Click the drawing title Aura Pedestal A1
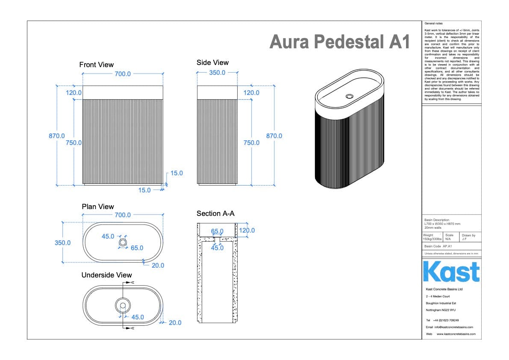coord(340,42)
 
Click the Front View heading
coord(97,65)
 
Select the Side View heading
coord(212,62)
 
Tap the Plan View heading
coord(98,207)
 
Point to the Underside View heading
coord(107,275)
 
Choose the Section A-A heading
coord(215,213)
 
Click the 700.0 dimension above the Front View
coord(122,74)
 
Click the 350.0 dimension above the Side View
coord(217,73)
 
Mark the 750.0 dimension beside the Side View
coord(251,143)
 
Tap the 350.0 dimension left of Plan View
coord(62,242)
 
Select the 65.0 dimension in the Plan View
coord(137,248)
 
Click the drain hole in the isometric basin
coord(350,96)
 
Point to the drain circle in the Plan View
coord(123,242)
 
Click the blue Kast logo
coord(451,272)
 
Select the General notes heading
coord(433,23)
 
